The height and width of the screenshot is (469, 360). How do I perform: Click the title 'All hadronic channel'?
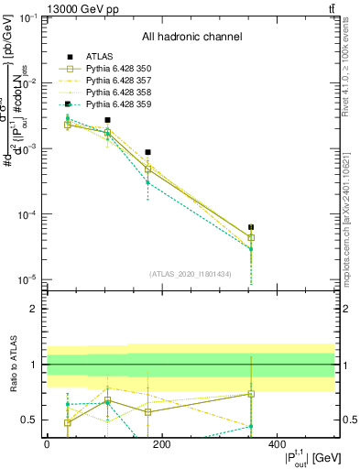(191, 37)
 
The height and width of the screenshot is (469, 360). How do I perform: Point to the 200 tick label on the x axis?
(161, 444)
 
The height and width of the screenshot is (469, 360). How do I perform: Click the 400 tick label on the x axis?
(277, 444)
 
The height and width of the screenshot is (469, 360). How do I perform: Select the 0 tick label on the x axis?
(47, 444)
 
